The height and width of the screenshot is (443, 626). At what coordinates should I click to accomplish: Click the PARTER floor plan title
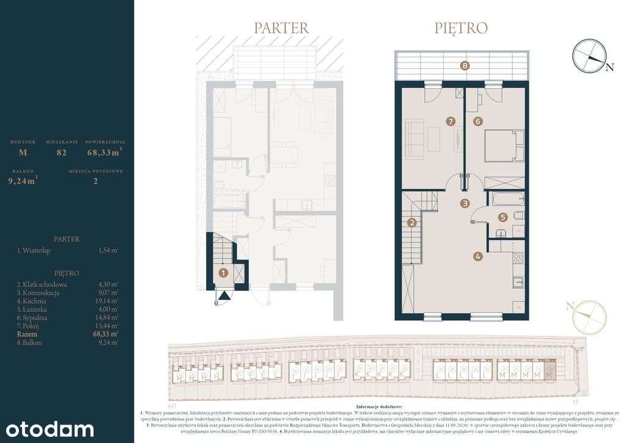(281, 28)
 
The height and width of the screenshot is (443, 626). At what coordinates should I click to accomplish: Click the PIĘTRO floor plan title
(461, 28)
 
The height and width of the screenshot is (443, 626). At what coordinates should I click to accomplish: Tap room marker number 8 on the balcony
(465, 65)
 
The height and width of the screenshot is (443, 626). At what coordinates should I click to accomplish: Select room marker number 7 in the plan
(451, 122)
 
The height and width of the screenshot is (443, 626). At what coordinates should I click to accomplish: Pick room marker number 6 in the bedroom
(477, 122)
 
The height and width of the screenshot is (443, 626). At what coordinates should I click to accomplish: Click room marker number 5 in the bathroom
(502, 217)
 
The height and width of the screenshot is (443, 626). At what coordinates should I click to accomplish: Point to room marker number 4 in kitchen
(477, 257)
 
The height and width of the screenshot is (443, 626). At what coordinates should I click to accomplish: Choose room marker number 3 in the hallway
(465, 203)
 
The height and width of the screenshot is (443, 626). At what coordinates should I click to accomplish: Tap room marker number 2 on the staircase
(413, 223)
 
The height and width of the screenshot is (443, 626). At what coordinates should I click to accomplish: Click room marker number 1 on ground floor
(224, 273)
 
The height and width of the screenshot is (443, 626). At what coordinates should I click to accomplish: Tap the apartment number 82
(61, 152)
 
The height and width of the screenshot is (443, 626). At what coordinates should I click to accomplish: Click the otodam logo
(47, 428)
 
